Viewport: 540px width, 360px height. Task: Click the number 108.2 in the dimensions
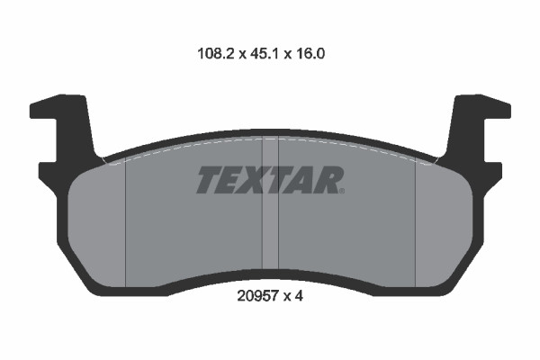click(216, 54)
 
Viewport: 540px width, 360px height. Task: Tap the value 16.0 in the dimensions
click(309, 54)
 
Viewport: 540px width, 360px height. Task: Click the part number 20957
click(258, 295)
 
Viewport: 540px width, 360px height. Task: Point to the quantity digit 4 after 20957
click(299, 295)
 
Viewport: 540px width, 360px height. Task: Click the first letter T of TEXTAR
click(211, 179)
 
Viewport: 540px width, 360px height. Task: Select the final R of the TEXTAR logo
click(328, 179)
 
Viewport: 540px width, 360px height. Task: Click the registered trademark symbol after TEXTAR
click(342, 191)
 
